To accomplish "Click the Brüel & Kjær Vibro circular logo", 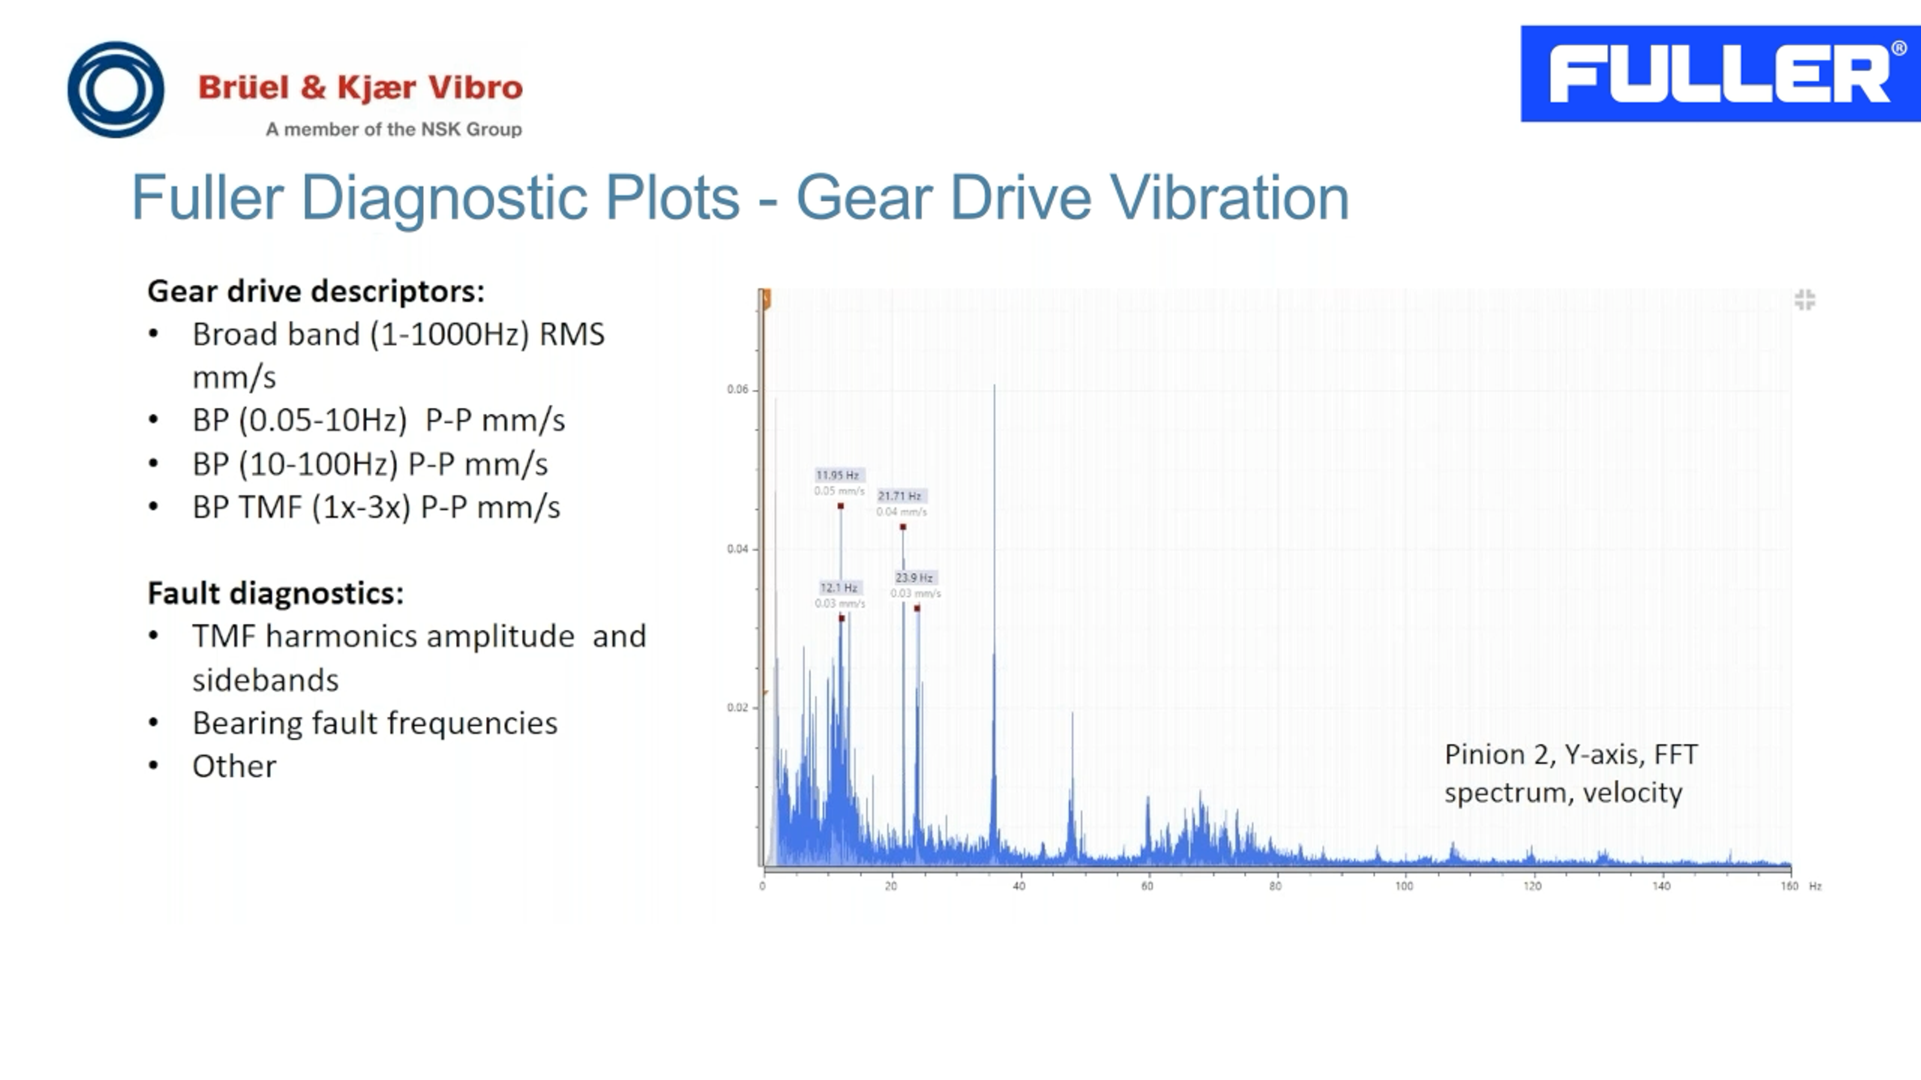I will [116, 89].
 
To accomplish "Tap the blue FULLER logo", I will [1719, 74].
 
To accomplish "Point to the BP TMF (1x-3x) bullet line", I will [376, 507].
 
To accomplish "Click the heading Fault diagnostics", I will [275, 594].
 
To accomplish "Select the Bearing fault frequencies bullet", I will [374, 723].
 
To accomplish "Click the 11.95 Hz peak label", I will [837, 475].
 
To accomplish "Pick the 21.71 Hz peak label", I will [899, 495].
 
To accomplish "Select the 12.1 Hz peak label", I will [839, 587].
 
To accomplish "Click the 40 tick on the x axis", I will [1019, 886].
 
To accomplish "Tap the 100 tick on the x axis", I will [1403, 886].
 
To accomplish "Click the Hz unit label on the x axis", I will [1815, 886].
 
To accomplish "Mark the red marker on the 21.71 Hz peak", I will [903, 527].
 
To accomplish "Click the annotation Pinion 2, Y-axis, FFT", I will [1570, 755].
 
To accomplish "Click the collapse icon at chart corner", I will [1804, 300].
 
